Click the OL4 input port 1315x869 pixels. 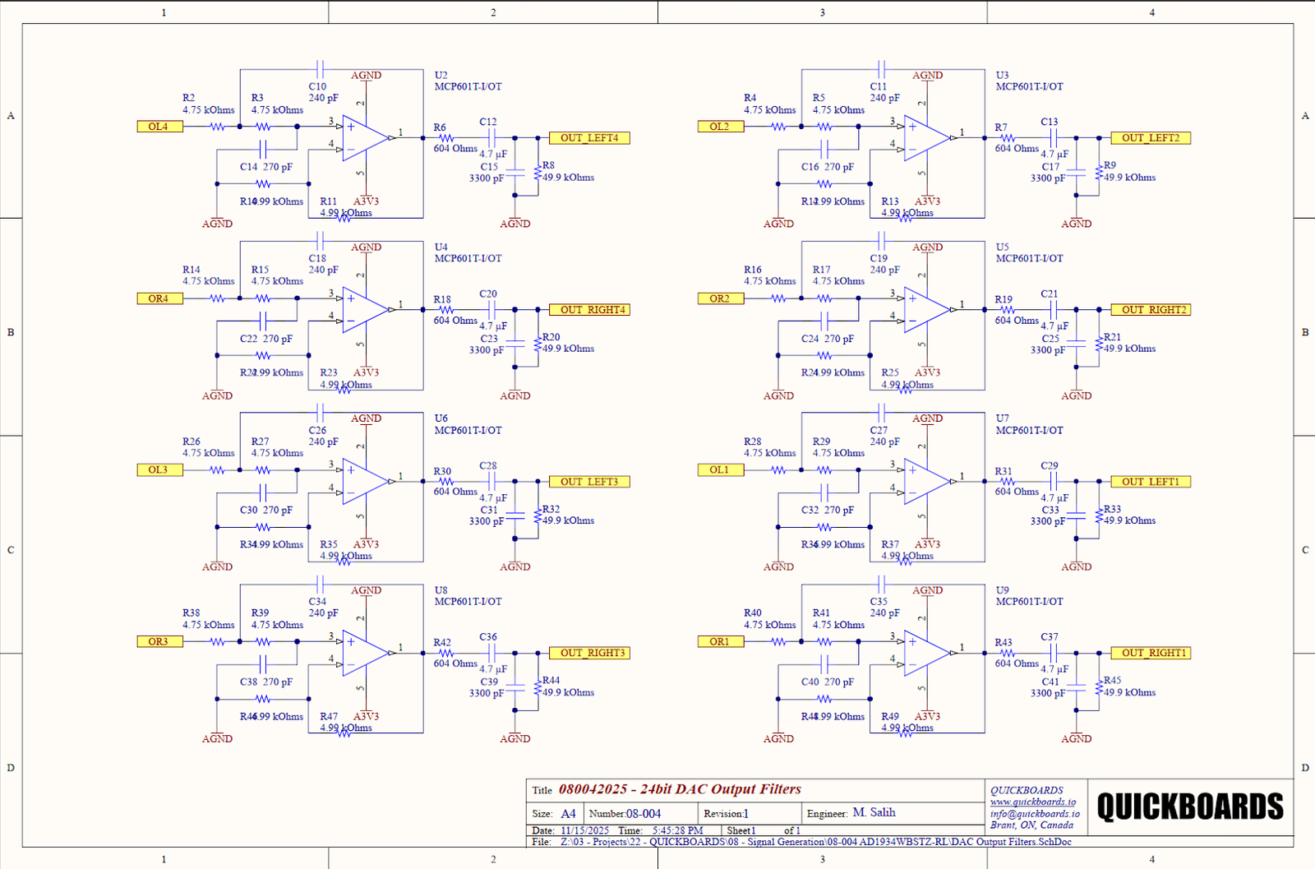[x=159, y=127]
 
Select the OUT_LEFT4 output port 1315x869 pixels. [x=589, y=138]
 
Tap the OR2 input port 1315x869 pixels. [x=720, y=298]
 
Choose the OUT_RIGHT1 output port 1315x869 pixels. [x=1151, y=653]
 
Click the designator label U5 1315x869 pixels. [x=1002, y=247]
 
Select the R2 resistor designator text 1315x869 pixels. [x=188, y=98]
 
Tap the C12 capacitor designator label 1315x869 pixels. [x=488, y=122]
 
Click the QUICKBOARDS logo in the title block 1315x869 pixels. [x=1189, y=807]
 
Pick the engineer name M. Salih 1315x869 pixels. [x=874, y=812]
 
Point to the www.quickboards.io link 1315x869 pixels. [x=1032, y=802]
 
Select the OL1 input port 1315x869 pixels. [x=720, y=469]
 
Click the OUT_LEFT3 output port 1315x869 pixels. [x=589, y=482]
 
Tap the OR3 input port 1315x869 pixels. [x=159, y=641]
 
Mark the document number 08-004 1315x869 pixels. [x=644, y=814]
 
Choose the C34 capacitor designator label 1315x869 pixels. [x=317, y=601]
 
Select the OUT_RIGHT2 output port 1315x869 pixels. [x=1151, y=310]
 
